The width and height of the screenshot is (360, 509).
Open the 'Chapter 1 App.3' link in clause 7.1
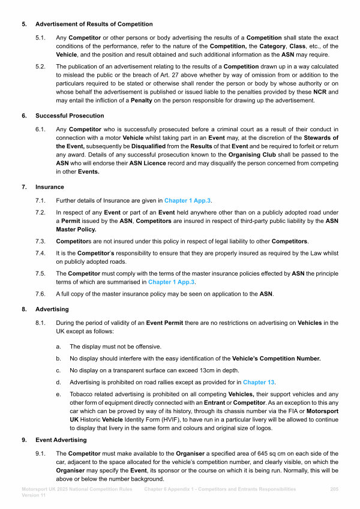tap(188, 200)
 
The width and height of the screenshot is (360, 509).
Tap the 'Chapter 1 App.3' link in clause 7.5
tap(172, 282)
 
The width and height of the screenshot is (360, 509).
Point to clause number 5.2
tap(41, 67)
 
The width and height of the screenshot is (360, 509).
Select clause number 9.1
tap(41, 453)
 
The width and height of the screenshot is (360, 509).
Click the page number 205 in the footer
tap(335, 489)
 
